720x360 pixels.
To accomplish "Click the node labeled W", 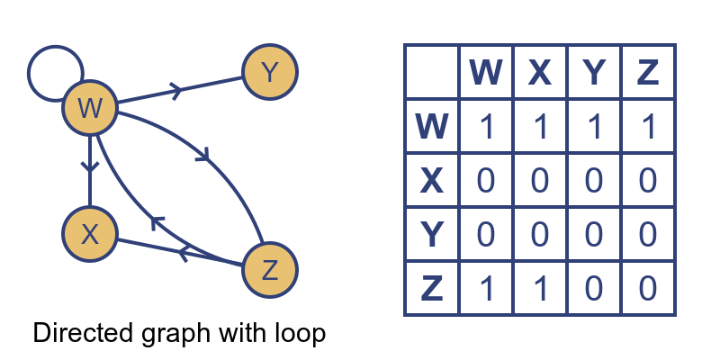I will coord(90,109).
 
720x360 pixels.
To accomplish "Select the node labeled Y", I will coord(269,71).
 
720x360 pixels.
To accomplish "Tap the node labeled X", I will coord(90,234).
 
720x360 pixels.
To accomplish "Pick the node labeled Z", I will coord(269,270).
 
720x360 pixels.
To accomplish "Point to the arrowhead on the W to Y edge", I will coord(175,91).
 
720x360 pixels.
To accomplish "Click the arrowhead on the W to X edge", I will coord(90,166).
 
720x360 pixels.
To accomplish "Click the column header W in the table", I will coord(486,72).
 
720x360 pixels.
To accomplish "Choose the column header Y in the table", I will coord(593,72).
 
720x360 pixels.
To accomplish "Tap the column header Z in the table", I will coord(647,72).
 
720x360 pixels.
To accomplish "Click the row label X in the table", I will coord(432,180).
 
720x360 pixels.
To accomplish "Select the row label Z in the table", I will coord(432,288).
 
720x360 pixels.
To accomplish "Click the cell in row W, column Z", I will coord(647,126).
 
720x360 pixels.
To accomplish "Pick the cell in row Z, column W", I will coord(486,288).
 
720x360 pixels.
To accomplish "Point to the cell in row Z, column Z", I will coord(647,288).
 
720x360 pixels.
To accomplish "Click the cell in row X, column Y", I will coord(593,180).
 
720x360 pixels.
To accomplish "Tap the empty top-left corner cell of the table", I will coord(432,72).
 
